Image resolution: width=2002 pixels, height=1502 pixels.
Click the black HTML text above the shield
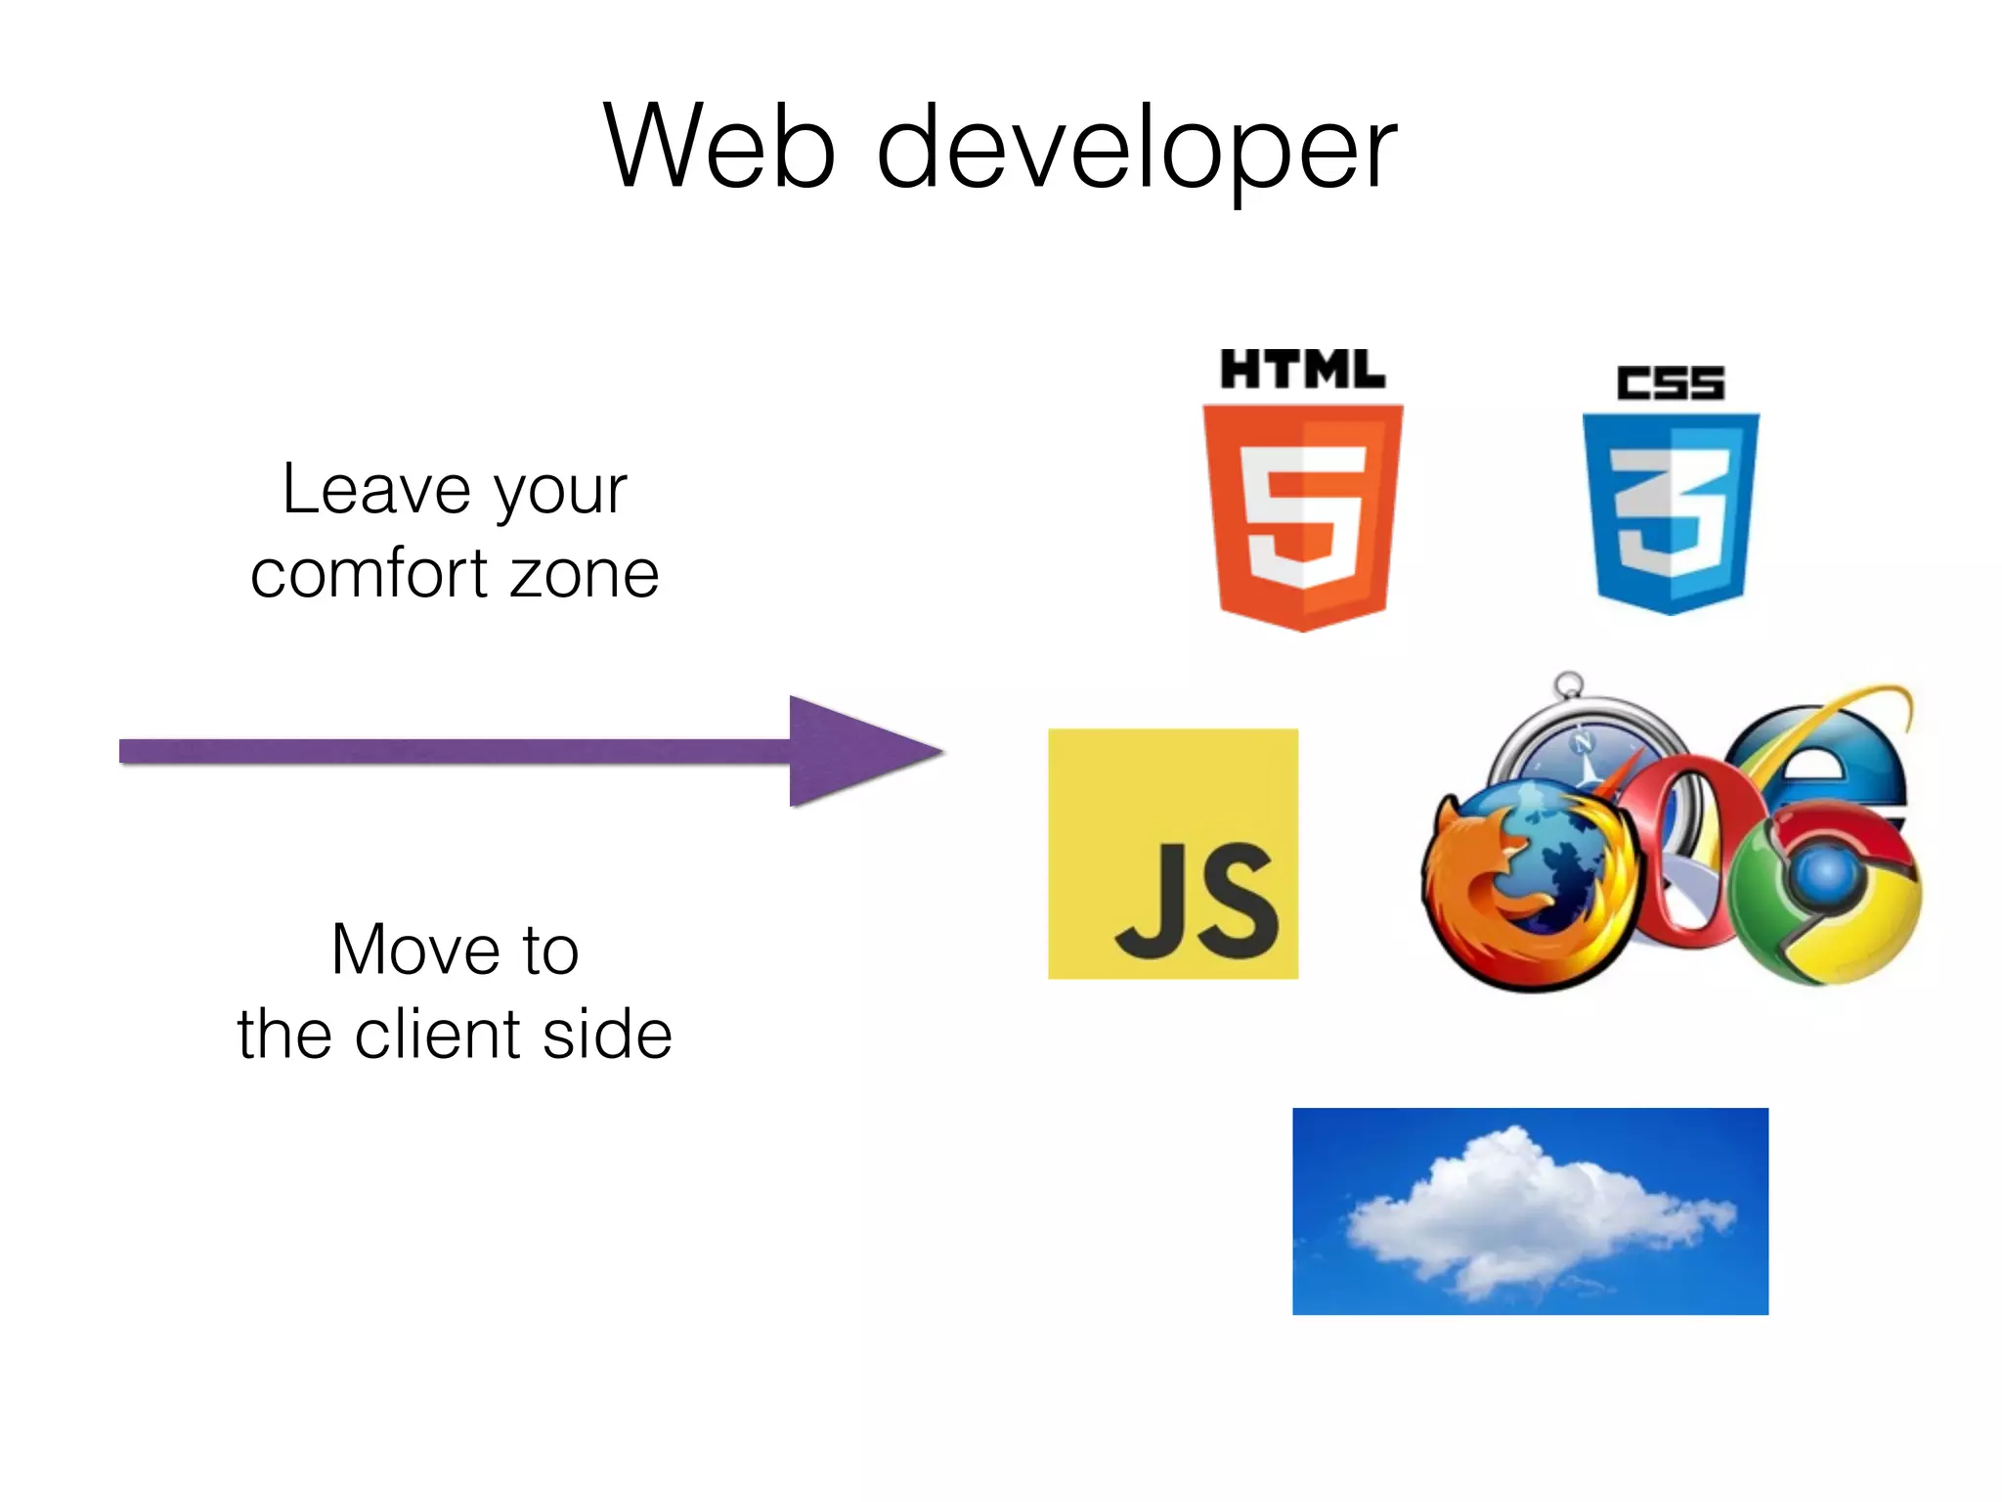1302,371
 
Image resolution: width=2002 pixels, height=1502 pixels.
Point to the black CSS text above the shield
1671,382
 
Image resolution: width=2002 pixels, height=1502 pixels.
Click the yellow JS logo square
1173,854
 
